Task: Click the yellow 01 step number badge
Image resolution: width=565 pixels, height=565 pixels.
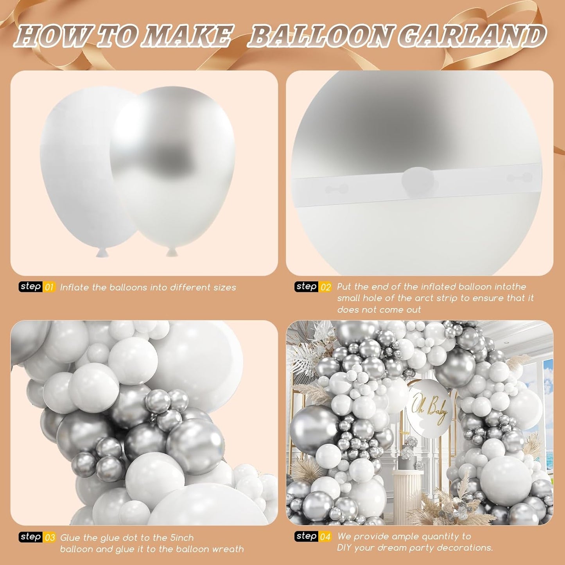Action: (x=49, y=287)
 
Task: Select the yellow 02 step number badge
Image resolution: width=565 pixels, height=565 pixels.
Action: (x=326, y=287)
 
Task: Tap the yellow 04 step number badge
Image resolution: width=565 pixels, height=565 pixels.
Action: (x=326, y=536)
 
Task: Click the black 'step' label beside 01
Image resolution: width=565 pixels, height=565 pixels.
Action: (x=30, y=287)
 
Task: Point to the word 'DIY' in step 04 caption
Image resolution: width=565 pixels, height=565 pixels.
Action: (x=346, y=548)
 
